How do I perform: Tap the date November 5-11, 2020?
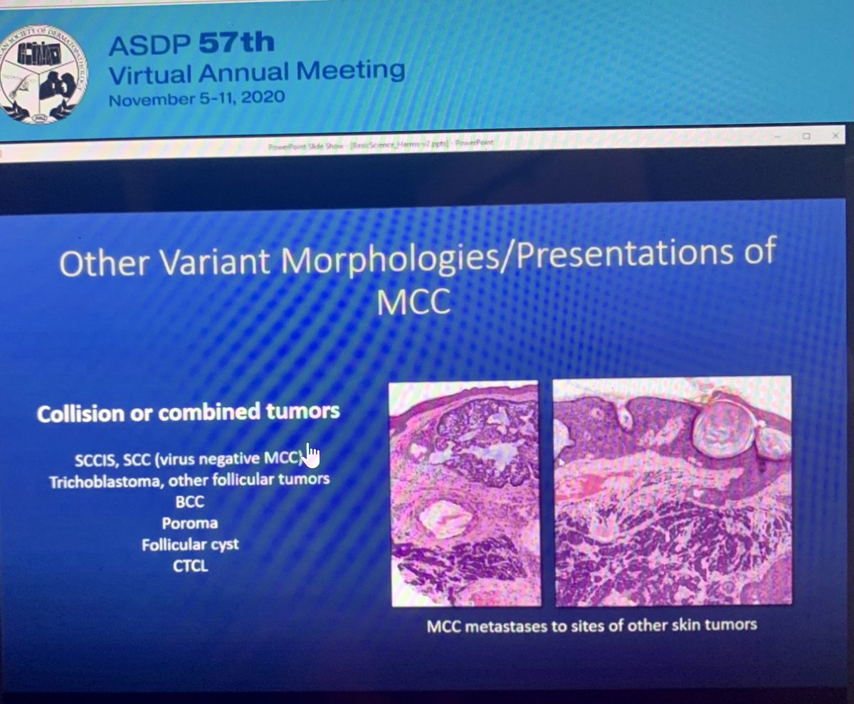pos(196,98)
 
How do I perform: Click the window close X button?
pos(835,135)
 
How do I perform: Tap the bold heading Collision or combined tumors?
pos(188,413)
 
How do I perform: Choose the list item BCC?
pos(189,502)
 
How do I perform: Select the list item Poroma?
pos(189,523)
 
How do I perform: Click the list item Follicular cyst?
pos(190,545)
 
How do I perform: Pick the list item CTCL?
pos(189,567)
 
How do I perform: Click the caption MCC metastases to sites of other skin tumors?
pos(591,626)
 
